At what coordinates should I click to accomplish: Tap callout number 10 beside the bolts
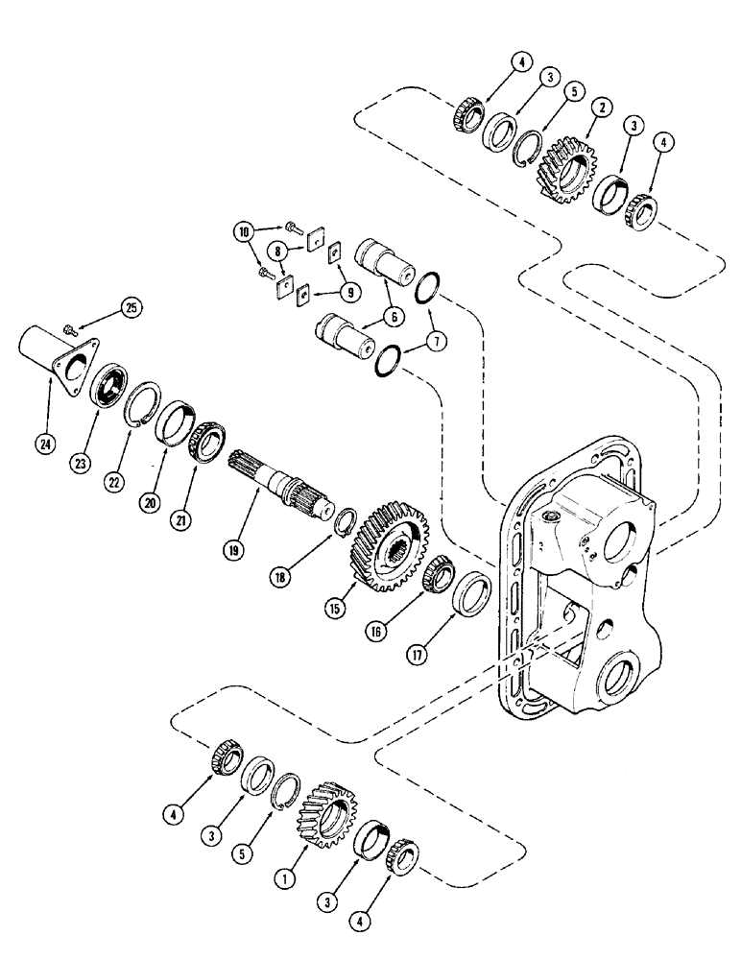[245, 231]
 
